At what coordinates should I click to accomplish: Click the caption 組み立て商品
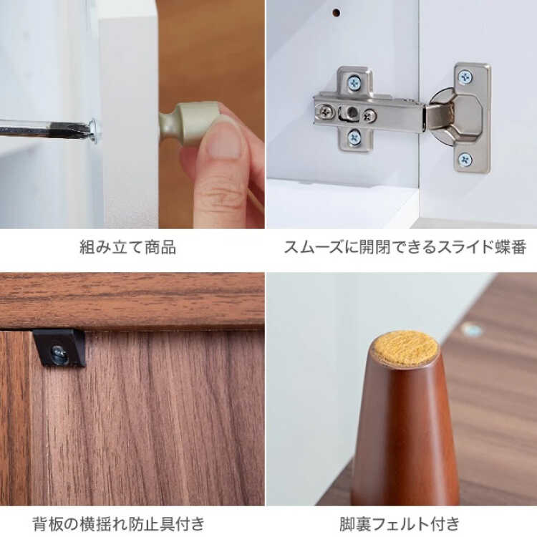click(127, 247)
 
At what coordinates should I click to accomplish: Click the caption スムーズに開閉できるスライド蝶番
click(405, 247)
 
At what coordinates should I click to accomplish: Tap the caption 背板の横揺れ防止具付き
click(118, 524)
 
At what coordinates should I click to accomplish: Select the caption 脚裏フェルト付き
click(400, 524)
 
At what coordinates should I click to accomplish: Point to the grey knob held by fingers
click(189, 122)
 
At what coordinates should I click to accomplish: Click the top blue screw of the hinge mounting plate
click(354, 82)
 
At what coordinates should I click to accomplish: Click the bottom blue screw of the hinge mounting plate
click(354, 137)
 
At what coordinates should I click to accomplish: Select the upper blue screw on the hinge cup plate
click(465, 77)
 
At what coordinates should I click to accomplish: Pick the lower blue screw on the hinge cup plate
click(465, 159)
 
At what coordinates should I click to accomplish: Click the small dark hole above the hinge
click(337, 13)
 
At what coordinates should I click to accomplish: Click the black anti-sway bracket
click(59, 347)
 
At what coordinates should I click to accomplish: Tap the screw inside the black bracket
click(59, 352)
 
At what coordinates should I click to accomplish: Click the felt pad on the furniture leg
click(405, 347)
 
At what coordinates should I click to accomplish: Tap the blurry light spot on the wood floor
click(472, 330)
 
